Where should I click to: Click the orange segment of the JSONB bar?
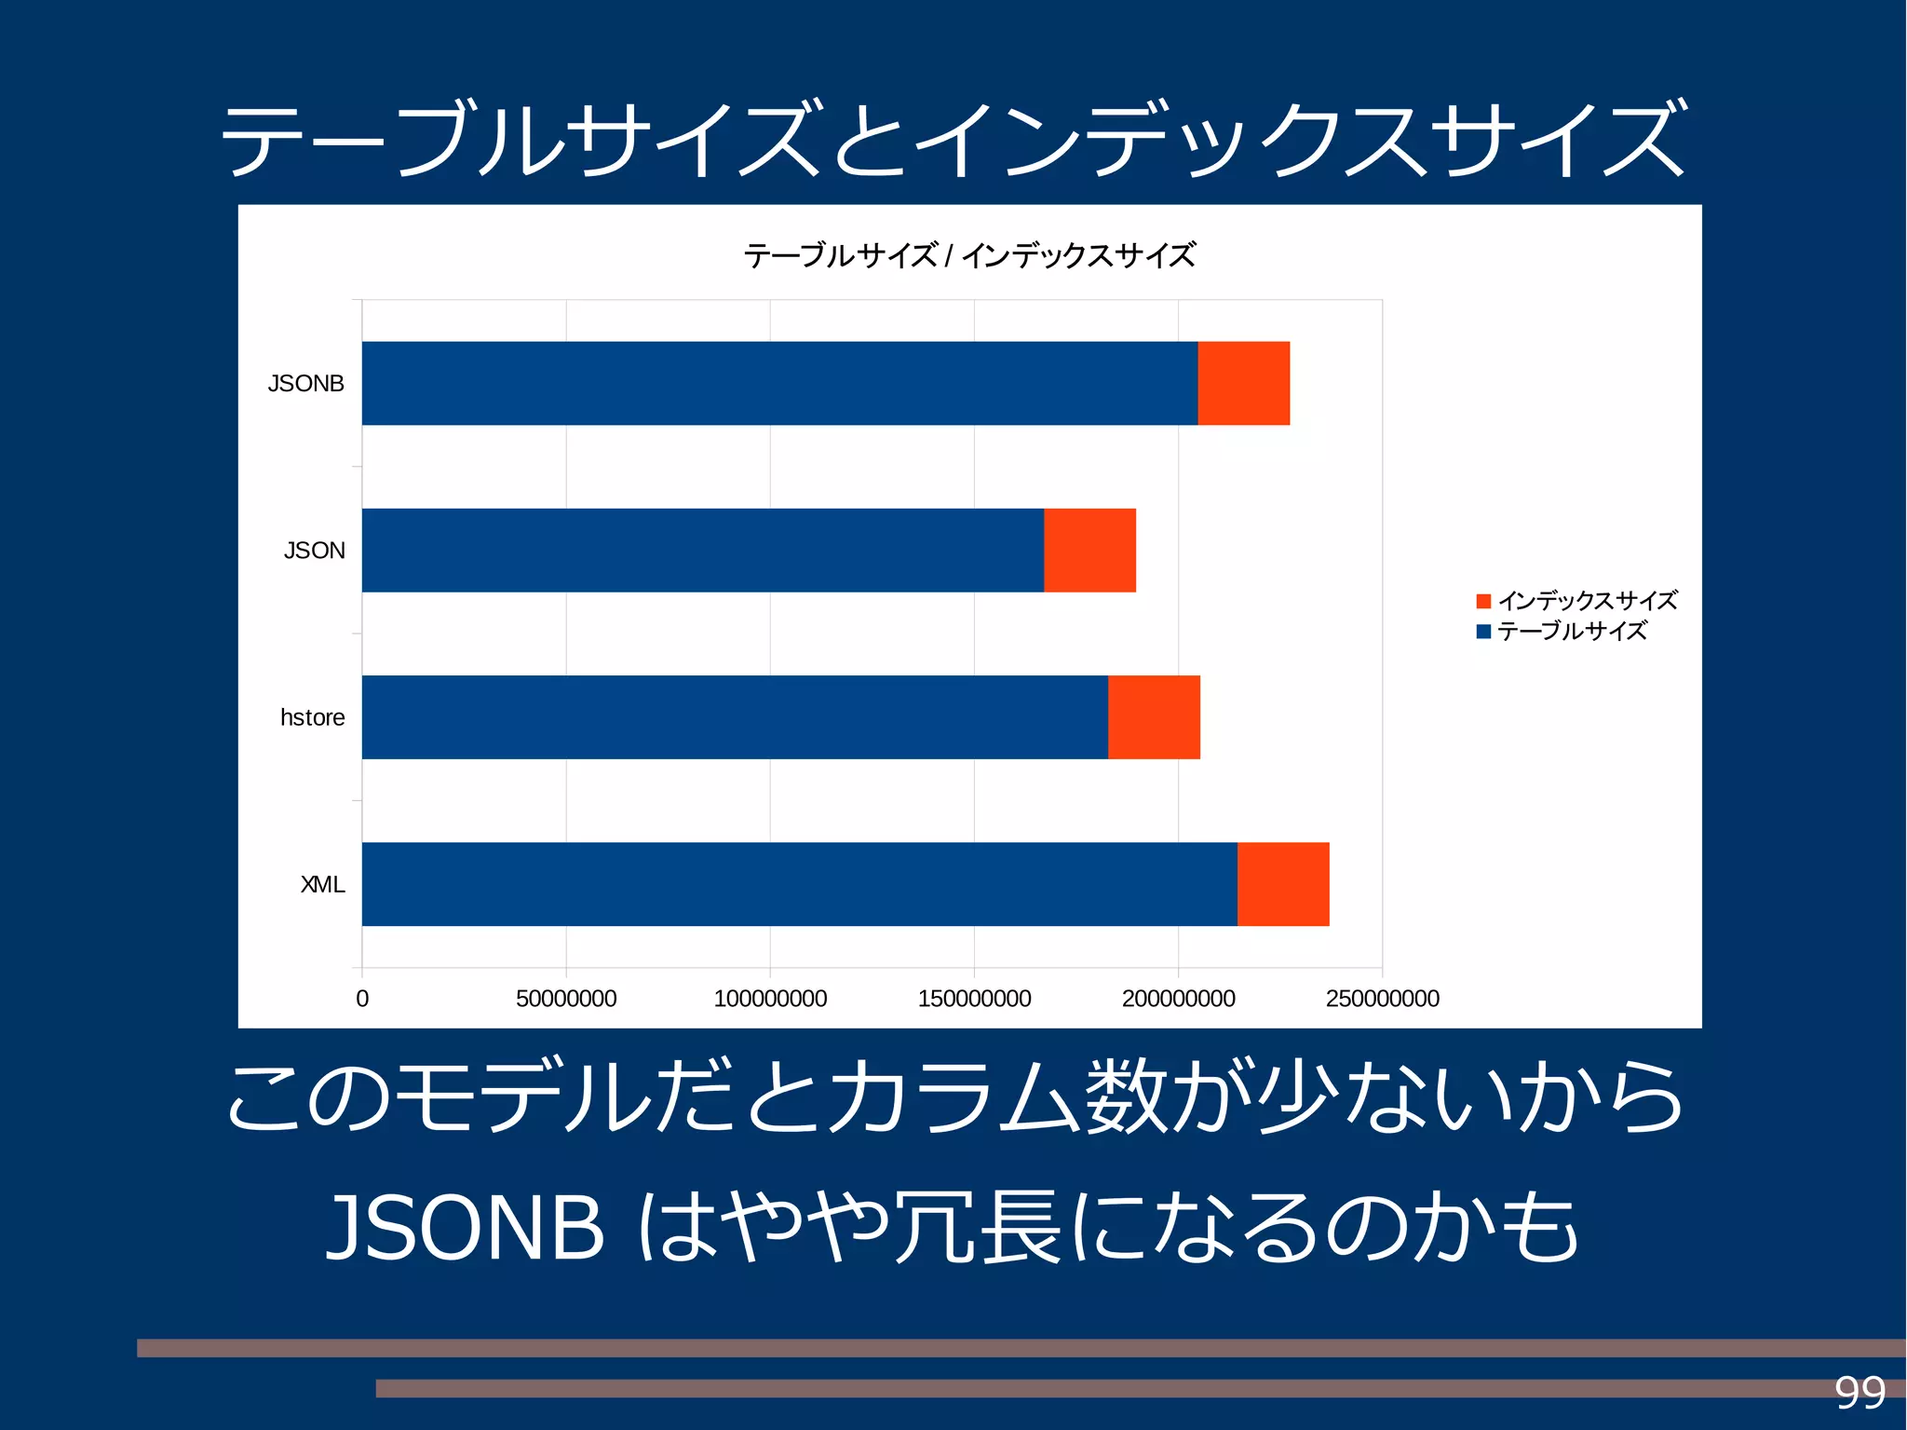(x=1243, y=383)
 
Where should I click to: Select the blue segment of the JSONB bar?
(x=779, y=383)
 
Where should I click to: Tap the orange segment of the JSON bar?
(x=1089, y=550)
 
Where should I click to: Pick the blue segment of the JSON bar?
(x=702, y=550)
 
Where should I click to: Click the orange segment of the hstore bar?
(x=1154, y=716)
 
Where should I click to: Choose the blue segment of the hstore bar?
(x=735, y=716)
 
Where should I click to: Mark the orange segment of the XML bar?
(x=1283, y=884)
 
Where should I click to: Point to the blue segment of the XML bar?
(x=799, y=884)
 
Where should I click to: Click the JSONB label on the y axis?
(x=305, y=384)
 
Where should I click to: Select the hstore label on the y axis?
(x=312, y=717)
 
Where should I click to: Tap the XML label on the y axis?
(x=322, y=884)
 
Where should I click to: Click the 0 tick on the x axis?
(x=362, y=999)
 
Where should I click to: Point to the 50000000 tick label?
(x=566, y=999)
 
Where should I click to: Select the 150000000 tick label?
(x=974, y=999)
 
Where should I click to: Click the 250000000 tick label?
(x=1382, y=999)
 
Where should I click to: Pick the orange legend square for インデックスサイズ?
(x=1483, y=601)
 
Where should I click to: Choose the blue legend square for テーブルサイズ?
(x=1483, y=632)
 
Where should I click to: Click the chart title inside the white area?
(x=968, y=255)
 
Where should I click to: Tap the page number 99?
(x=1860, y=1393)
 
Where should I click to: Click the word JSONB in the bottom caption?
(x=466, y=1228)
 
